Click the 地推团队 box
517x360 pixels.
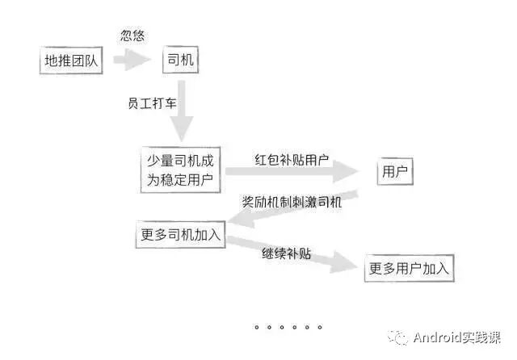73,61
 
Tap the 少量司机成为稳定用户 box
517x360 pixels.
180,170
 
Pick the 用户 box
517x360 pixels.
394,171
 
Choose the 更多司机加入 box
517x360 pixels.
179,235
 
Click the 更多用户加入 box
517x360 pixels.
409,268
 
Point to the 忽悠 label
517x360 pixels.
132,36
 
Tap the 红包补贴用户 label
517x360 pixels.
292,159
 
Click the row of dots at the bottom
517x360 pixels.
288,327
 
